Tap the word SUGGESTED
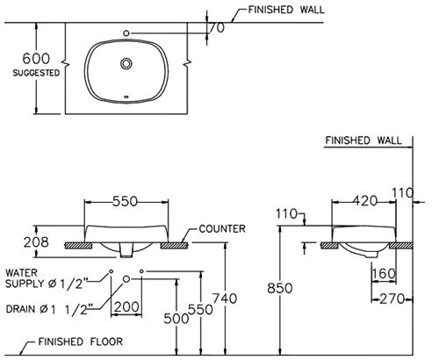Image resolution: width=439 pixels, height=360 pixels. (36, 74)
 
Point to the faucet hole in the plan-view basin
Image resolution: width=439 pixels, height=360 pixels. (128, 34)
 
